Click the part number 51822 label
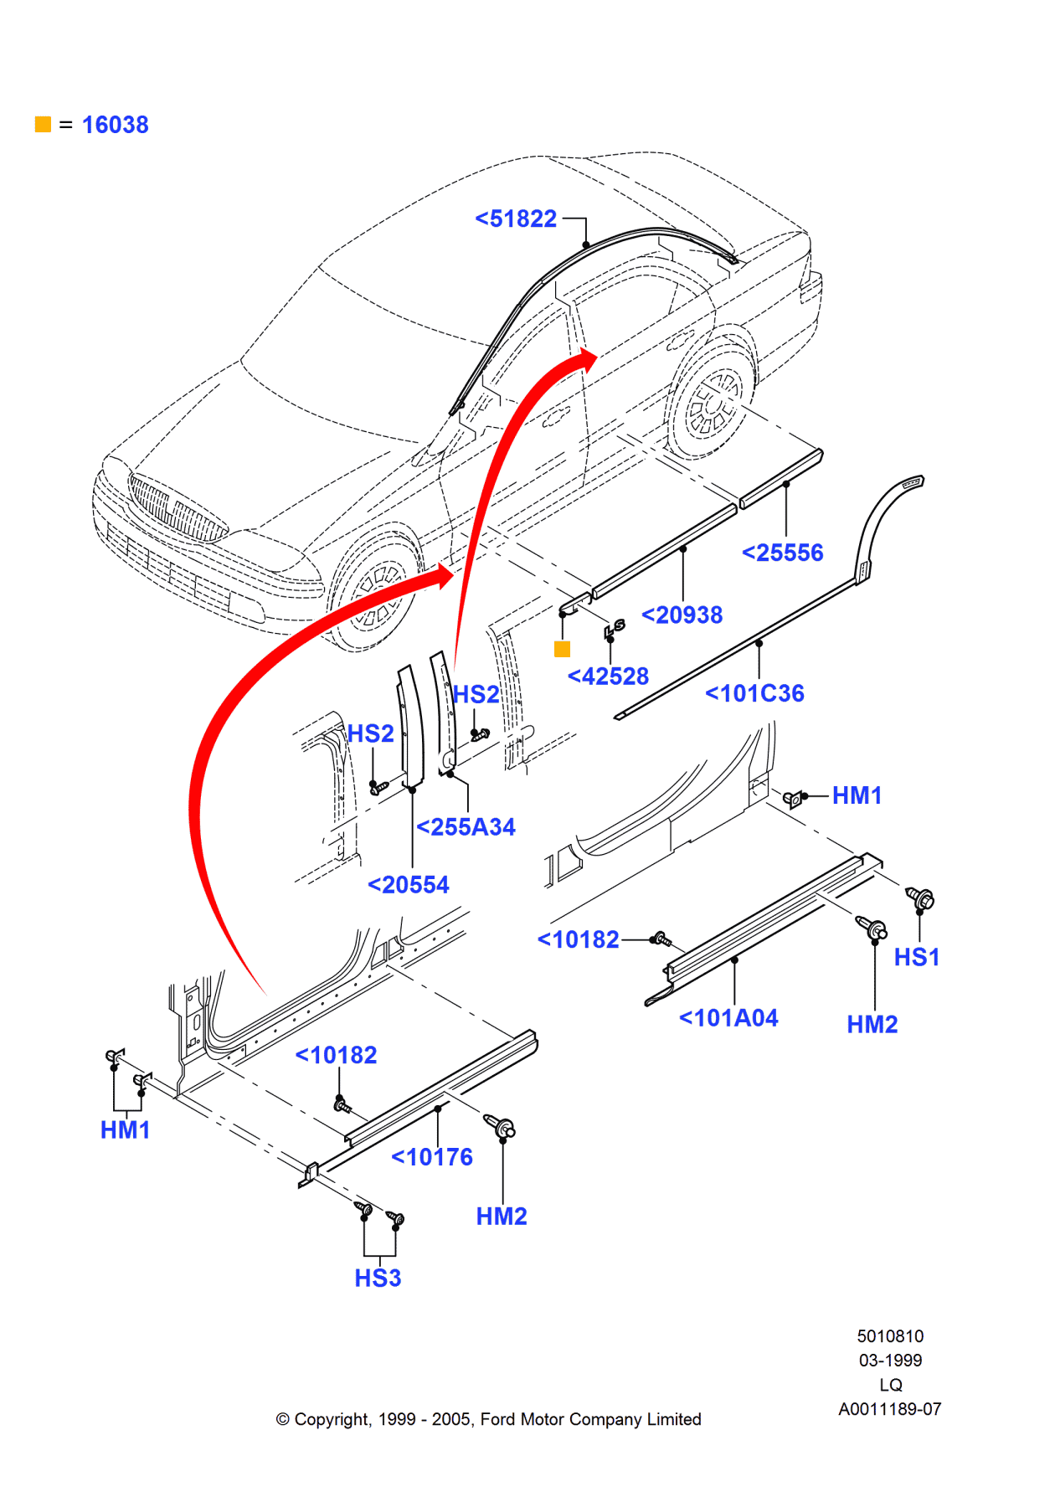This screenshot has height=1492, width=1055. coord(516,219)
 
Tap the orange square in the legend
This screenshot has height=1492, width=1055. coord(43,125)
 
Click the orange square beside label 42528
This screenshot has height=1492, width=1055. coord(562,649)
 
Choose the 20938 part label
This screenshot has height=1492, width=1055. coord(682,615)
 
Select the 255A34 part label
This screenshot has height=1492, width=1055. coord(466,827)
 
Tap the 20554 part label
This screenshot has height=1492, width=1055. coord(409,885)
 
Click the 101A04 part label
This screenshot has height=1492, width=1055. coord(728,1018)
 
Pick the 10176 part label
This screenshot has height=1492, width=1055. coord(432,1157)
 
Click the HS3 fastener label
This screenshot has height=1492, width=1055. coord(378,1278)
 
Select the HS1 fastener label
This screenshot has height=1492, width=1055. coord(917,958)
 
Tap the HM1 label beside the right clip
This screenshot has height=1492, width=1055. coord(857,796)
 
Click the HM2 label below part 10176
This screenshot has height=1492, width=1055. coord(502,1217)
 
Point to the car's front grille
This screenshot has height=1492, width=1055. coord(177,508)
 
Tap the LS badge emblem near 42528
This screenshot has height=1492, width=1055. coord(615,628)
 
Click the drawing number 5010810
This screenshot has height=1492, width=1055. coord(890,1336)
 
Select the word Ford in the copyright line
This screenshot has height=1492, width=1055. coord(497,1419)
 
